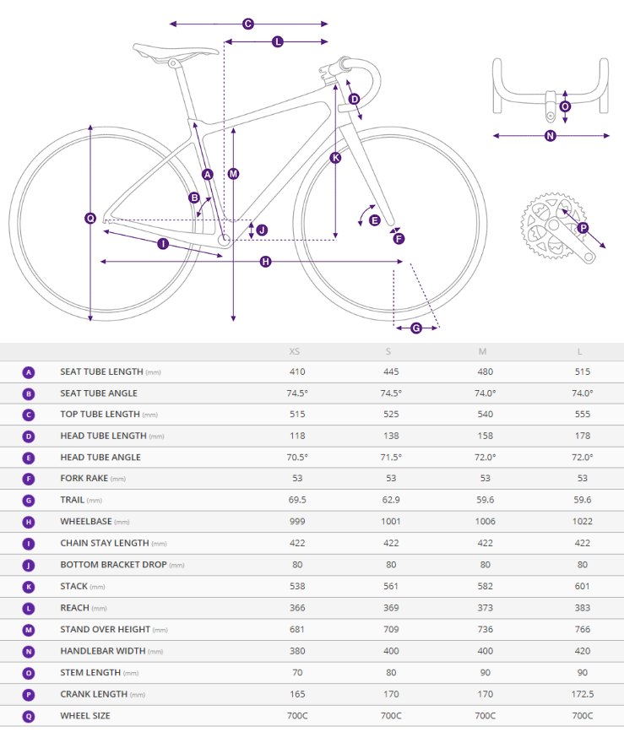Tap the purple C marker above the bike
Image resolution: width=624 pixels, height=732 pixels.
pyautogui.click(x=248, y=24)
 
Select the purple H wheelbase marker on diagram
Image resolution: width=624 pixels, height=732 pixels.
pyautogui.click(x=265, y=262)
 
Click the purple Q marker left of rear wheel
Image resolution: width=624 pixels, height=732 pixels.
pyautogui.click(x=90, y=218)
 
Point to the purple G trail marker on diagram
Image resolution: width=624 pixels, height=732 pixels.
pyautogui.click(x=416, y=328)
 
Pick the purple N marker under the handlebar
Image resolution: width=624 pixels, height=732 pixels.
pyautogui.click(x=551, y=136)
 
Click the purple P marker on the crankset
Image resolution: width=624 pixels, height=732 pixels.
pyautogui.click(x=583, y=227)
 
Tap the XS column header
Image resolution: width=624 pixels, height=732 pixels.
pyautogui.click(x=294, y=351)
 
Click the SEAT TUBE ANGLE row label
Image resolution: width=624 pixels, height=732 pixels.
pyautogui.click(x=99, y=393)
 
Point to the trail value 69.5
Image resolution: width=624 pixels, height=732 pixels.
pyautogui.click(x=296, y=500)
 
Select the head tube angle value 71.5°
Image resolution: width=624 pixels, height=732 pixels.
pyautogui.click(x=391, y=457)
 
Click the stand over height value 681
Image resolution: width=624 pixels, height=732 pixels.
pyautogui.click(x=296, y=629)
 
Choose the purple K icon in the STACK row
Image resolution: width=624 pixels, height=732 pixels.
pyautogui.click(x=29, y=586)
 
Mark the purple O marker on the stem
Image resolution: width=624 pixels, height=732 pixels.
pyautogui.click(x=565, y=106)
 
